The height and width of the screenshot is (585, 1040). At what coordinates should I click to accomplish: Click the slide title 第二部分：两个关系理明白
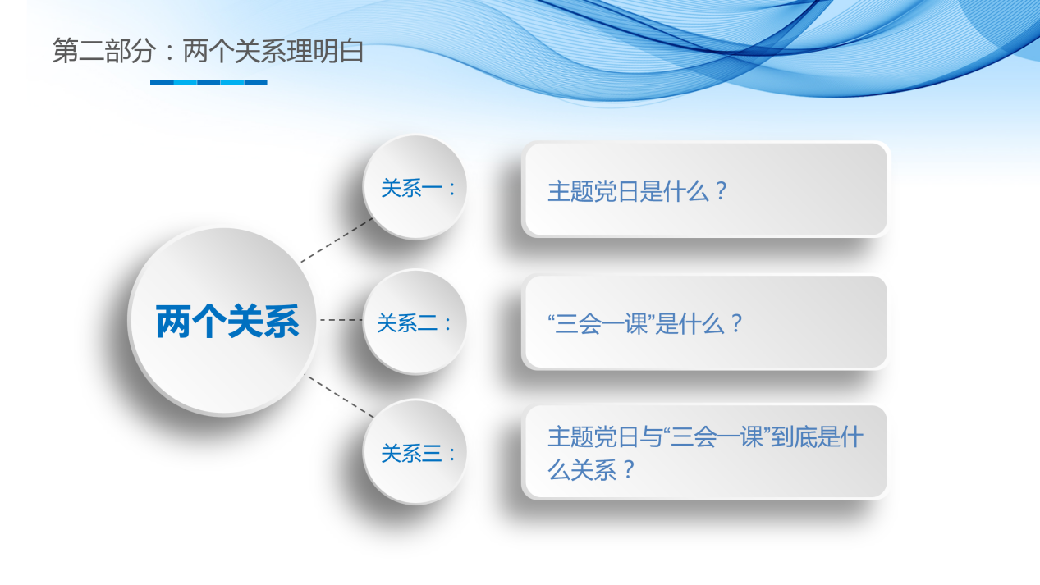(x=208, y=52)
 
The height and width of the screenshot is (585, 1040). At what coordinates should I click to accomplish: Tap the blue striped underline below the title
(x=208, y=82)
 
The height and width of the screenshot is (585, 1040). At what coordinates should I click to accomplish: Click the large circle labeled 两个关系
(x=224, y=322)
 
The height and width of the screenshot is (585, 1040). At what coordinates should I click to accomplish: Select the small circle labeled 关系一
(x=415, y=188)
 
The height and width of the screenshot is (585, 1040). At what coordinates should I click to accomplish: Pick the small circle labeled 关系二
(x=415, y=322)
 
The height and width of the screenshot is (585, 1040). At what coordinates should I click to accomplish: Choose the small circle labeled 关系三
(x=415, y=453)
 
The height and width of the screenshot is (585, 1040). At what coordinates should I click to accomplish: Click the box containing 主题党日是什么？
(x=705, y=190)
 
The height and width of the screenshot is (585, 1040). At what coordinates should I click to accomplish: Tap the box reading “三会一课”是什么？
(x=705, y=322)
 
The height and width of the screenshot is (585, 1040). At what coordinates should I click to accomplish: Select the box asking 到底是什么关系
(x=705, y=452)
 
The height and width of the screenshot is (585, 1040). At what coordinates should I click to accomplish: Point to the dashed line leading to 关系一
(x=337, y=240)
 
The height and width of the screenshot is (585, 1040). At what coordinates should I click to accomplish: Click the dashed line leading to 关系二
(x=341, y=320)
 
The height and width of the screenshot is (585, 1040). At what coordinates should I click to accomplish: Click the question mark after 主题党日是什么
(x=720, y=192)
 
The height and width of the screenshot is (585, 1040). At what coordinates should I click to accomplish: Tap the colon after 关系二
(x=448, y=324)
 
